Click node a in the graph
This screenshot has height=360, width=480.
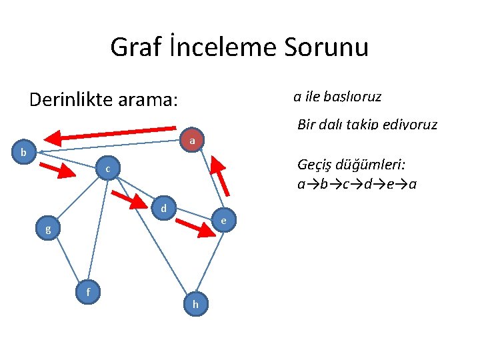192,141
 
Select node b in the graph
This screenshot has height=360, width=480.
23,153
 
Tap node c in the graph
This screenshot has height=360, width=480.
107,171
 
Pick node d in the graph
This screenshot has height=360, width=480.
163,208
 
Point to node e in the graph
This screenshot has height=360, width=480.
224,220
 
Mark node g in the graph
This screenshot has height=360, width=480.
47,229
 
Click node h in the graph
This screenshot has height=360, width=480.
195,304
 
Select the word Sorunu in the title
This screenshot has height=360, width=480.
326,47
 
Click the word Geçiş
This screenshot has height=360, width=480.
317,166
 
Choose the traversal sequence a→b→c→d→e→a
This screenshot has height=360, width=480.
357,183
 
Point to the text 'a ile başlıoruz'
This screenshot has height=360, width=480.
337,97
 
